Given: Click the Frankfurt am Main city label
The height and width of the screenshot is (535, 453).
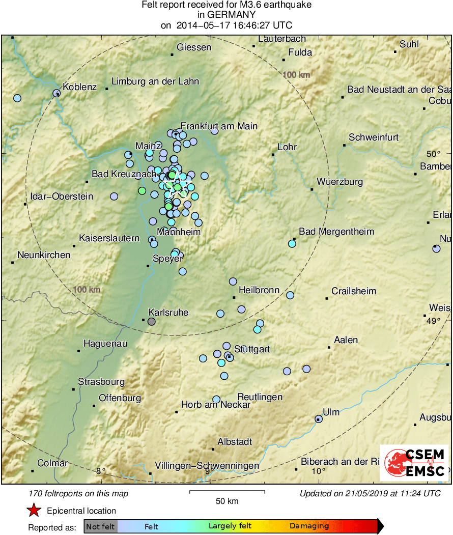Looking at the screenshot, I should (219, 126).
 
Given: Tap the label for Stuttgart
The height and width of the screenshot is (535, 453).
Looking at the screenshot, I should (252, 349).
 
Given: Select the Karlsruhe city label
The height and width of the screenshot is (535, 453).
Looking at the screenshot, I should (168, 312).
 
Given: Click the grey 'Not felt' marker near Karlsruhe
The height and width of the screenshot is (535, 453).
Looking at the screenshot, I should (151, 321).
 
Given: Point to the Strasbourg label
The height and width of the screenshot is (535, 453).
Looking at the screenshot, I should (101, 381).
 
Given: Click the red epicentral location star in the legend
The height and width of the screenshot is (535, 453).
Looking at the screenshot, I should (34, 511).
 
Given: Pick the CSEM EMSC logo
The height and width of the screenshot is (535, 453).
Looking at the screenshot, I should (415, 463).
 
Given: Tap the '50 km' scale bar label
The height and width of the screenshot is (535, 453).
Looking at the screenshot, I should (227, 501).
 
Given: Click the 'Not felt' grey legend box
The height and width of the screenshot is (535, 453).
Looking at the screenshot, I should (100, 526).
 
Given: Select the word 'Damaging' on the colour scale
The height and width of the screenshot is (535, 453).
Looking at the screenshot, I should (309, 526).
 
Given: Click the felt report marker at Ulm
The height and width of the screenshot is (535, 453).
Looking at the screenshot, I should (319, 419).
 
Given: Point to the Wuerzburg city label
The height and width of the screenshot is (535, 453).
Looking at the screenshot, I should (339, 181).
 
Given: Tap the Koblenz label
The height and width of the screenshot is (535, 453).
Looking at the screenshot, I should (79, 87).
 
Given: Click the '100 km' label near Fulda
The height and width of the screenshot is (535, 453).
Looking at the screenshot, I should (297, 75).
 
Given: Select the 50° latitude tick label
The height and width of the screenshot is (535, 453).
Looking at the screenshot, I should (433, 154).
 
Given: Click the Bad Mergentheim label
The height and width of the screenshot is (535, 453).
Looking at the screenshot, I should (336, 232).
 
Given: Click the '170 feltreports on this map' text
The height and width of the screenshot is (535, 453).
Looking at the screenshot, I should (79, 493).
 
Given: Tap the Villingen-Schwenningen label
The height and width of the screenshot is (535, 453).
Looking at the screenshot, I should (207, 465).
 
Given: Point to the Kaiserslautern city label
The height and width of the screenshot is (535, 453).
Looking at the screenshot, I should (109, 238).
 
